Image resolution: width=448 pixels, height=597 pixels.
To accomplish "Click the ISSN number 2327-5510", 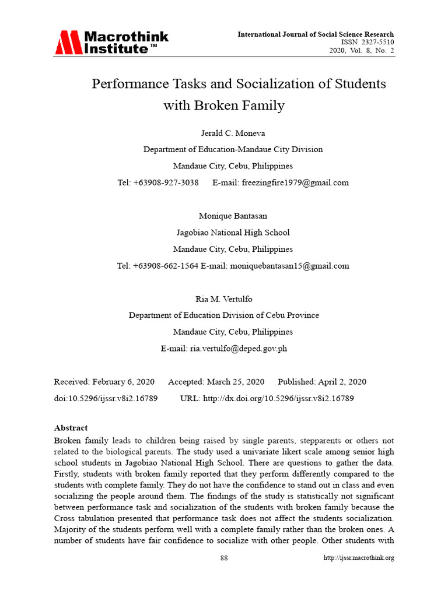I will [374, 43].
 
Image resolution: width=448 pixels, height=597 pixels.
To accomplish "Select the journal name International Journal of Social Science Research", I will [316, 34].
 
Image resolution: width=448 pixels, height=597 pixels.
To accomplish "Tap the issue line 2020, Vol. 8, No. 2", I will [362, 51].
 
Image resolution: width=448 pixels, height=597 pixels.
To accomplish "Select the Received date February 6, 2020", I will [123, 382].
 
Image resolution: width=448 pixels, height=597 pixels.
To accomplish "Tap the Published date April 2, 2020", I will [342, 382].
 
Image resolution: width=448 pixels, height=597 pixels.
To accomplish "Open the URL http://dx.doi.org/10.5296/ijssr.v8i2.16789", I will [278, 398].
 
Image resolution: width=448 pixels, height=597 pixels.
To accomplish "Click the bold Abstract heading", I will [71, 428].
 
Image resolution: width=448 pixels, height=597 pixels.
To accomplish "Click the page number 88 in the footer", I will [224, 558].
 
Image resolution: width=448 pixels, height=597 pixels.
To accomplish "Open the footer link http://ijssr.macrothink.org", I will [359, 558].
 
